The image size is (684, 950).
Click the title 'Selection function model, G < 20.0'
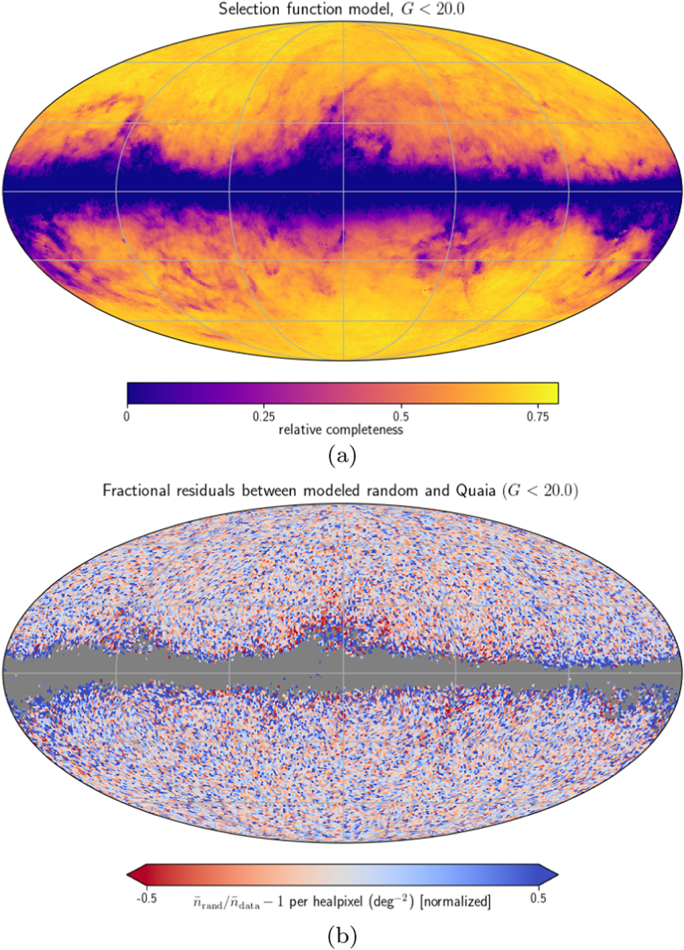341,9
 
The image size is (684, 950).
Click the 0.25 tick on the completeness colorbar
264,416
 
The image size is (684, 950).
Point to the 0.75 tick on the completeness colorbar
537,416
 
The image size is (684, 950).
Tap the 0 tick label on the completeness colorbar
127,416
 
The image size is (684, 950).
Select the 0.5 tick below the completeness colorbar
400,416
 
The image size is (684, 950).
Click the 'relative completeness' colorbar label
341,429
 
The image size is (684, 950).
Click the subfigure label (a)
342,456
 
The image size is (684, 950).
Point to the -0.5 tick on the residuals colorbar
147,898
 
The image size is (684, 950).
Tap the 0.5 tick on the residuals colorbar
538,898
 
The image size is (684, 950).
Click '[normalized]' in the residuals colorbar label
455,902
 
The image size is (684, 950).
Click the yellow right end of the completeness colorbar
551,393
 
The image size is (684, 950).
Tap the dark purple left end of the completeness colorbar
133,393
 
